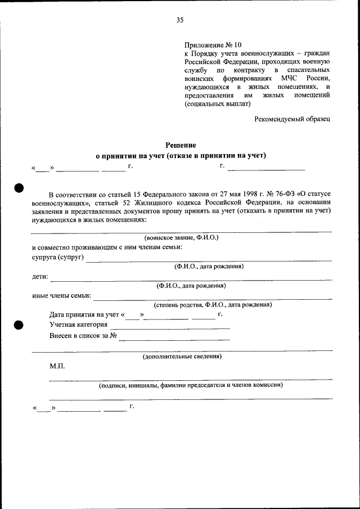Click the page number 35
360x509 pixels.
tap(180, 20)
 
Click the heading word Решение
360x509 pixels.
tap(180, 145)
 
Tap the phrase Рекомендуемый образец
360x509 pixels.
tap(292, 119)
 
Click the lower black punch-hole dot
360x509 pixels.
tap(18, 325)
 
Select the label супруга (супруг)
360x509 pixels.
tap(58, 257)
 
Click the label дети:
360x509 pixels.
tap(40, 277)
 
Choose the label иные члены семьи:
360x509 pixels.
tap(62, 296)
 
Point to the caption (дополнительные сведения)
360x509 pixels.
tap(182, 357)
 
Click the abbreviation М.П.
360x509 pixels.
tap(57, 367)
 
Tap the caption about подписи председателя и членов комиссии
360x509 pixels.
tap(190, 386)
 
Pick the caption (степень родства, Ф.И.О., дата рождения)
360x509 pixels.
tap(213, 305)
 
